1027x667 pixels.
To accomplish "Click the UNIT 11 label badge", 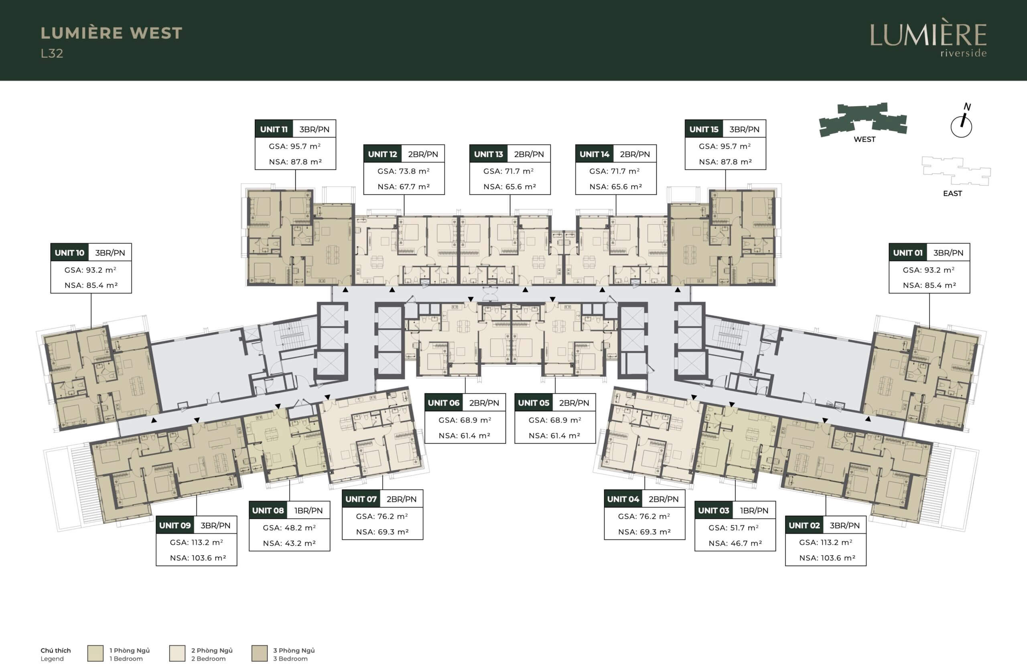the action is coord(274,129).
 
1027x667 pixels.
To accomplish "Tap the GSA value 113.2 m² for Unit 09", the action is coord(196,542).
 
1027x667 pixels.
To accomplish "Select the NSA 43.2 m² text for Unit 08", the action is coord(290,543).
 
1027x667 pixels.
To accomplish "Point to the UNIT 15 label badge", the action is coord(704,129).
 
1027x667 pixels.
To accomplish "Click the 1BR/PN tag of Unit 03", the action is coord(754,511).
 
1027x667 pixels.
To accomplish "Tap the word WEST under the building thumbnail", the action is coord(864,139).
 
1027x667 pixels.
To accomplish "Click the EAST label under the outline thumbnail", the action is coord(952,194).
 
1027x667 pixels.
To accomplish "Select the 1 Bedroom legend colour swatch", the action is coord(95,653).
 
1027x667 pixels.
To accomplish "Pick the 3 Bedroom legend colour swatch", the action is coord(259,653).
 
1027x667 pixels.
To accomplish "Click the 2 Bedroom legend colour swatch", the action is coord(177,653).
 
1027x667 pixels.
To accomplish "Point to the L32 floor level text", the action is coord(52,53).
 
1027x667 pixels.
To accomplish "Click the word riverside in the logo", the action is coord(964,53).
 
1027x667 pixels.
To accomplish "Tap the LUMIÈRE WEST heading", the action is coord(112,33).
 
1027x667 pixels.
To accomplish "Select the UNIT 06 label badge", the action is coord(444,403).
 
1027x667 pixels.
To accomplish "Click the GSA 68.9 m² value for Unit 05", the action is coord(555,420).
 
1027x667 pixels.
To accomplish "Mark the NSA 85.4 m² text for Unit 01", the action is coord(930,285).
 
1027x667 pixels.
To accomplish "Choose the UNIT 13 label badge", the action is coord(489,154).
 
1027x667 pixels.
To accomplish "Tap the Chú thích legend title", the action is coord(56,650).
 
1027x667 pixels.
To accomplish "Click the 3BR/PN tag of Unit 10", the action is coord(110,253).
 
